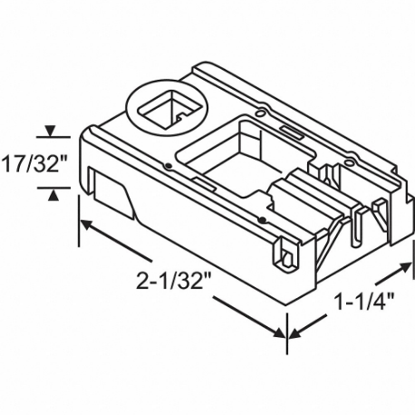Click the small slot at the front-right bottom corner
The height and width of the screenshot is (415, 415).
[x=288, y=255]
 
